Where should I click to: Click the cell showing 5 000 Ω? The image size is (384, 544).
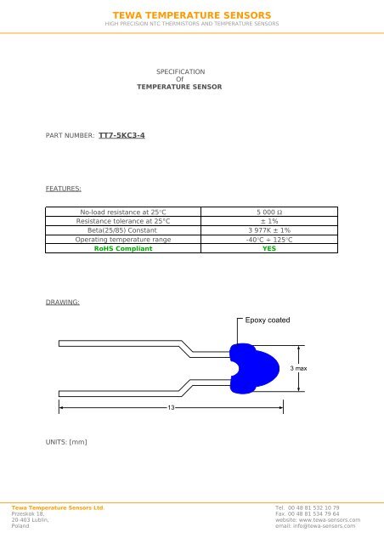click(268, 212)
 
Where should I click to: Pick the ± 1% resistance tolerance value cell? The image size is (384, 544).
click(268, 221)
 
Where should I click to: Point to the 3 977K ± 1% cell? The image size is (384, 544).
click(268, 230)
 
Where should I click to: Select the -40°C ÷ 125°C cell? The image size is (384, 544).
click(268, 240)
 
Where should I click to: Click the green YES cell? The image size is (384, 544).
click(268, 249)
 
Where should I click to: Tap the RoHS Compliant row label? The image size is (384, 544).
click(123, 249)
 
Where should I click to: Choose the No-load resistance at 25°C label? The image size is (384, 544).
click(123, 212)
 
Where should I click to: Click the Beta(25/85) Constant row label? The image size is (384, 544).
click(123, 230)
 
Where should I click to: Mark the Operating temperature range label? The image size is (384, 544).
click(123, 240)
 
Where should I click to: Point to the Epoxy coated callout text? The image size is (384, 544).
click(268, 320)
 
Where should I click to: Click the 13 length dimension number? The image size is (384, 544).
click(171, 408)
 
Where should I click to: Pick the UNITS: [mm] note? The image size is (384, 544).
click(67, 441)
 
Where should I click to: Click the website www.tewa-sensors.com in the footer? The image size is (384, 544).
click(319, 520)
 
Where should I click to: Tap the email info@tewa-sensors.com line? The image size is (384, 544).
click(313, 527)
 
